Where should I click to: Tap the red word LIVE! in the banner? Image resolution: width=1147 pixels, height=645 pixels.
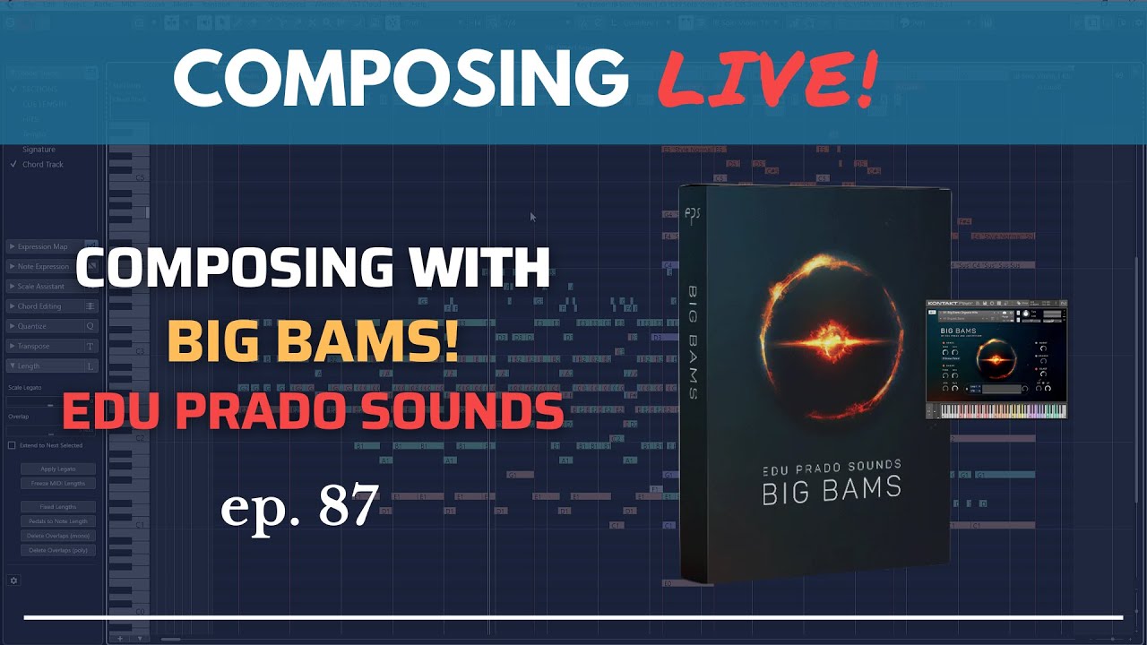click(767, 78)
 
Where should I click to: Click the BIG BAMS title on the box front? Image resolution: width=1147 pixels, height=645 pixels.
click(831, 491)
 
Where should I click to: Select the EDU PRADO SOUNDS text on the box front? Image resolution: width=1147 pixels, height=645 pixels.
click(831, 466)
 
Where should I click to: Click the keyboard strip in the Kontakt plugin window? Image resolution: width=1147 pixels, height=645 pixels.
click(996, 410)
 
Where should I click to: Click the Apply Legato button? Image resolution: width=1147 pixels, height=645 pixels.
click(58, 469)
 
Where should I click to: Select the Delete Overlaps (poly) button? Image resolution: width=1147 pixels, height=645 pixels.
click(58, 550)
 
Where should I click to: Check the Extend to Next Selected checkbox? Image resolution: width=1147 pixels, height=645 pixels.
click(12, 445)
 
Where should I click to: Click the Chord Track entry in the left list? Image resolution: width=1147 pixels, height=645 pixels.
click(42, 165)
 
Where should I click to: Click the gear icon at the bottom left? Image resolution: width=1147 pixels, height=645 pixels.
click(13, 580)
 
